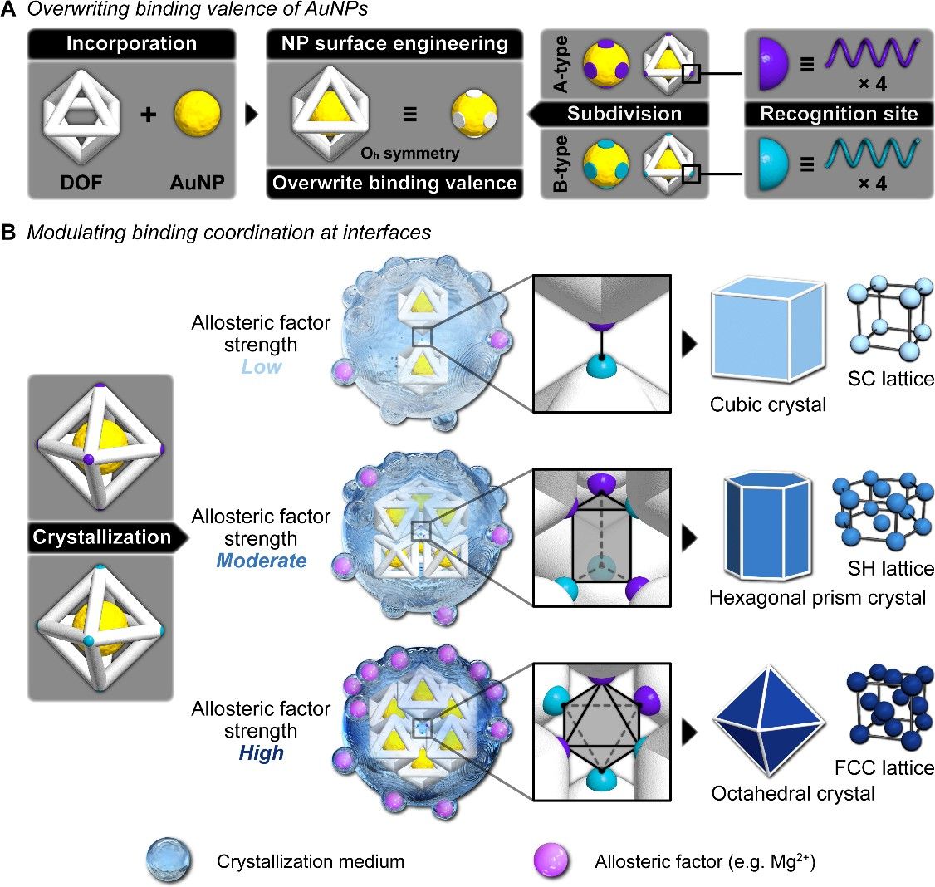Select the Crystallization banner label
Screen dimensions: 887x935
[101, 537]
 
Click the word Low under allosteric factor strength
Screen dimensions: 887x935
[261, 365]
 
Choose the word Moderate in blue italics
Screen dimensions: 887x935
[261, 561]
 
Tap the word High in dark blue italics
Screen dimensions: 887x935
[261, 753]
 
